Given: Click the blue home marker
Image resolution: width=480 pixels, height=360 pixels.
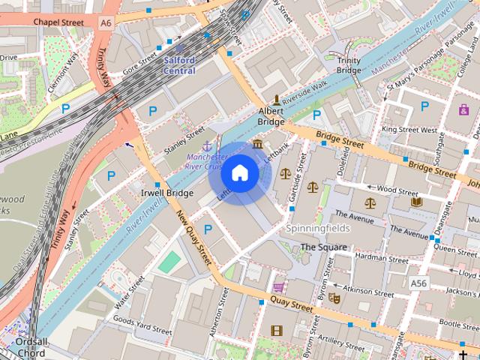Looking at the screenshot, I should (239, 173).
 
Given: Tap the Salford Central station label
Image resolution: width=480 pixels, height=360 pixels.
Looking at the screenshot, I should (180, 65).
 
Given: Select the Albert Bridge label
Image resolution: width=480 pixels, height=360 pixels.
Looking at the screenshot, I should (271, 115).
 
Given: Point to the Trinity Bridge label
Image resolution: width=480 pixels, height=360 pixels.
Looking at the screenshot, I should (349, 65).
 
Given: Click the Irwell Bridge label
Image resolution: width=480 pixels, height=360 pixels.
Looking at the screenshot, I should (167, 193).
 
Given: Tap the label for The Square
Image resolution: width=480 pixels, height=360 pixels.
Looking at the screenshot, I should (323, 247).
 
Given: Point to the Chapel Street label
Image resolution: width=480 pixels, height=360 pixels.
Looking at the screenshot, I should (58, 22).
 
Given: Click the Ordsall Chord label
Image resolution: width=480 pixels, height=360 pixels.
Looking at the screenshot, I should (30, 346).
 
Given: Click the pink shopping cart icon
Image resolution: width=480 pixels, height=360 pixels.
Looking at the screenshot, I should (279, 287).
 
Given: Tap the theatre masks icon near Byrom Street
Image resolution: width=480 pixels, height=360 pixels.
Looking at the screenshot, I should (334, 298).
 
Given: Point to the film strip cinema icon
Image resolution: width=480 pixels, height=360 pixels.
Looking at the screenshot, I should (277, 330).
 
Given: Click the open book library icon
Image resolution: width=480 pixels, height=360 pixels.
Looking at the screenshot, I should (416, 201).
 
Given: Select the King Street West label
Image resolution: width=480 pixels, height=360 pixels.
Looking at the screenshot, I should (409, 130).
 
